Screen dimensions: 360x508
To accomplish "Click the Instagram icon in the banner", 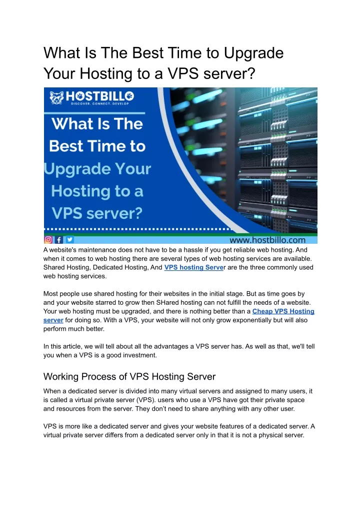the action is coord(48,240).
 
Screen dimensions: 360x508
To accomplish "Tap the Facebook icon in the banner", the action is coord(59,240).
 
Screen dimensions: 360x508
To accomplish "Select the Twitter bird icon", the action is coord(69,240).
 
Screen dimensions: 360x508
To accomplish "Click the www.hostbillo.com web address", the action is coord(267,240).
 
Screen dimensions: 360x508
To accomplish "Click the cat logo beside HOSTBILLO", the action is coord(57,97).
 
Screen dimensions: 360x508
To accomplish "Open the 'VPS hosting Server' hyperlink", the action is coord(194,268).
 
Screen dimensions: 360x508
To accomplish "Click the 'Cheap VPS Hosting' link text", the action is coord(283,311).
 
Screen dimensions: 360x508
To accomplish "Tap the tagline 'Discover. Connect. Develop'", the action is coord(100,104).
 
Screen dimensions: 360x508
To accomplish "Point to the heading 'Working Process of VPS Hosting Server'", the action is coord(129,377).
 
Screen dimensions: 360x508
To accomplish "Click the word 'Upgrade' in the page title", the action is coord(253,53).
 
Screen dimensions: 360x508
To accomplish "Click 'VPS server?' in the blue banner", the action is coord(97,213).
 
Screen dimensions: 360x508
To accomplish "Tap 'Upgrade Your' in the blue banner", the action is coord(97,169).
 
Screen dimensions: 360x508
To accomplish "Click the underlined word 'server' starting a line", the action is coord(53,320).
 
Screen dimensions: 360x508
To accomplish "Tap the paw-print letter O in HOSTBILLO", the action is coord(129,96).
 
